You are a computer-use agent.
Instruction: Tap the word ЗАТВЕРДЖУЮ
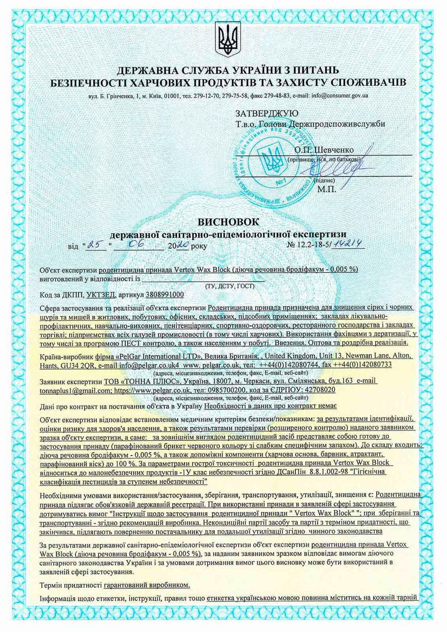point(264,114)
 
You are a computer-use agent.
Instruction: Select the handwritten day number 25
point(94,245)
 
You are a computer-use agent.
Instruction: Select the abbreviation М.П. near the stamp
point(326,189)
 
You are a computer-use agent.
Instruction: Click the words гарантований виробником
point(147,584)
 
